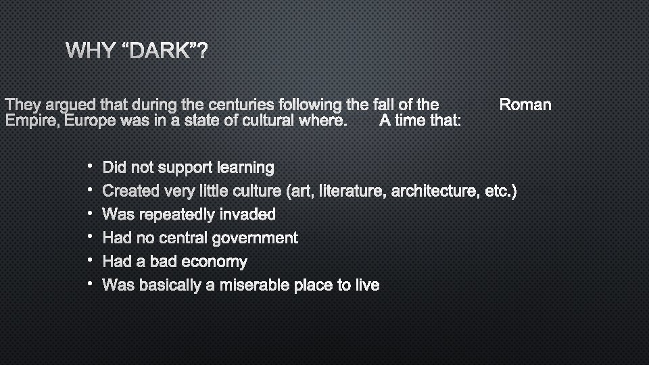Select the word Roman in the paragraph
click(525, 105)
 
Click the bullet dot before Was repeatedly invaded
click(89, 214)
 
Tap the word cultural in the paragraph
click(256, 121)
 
